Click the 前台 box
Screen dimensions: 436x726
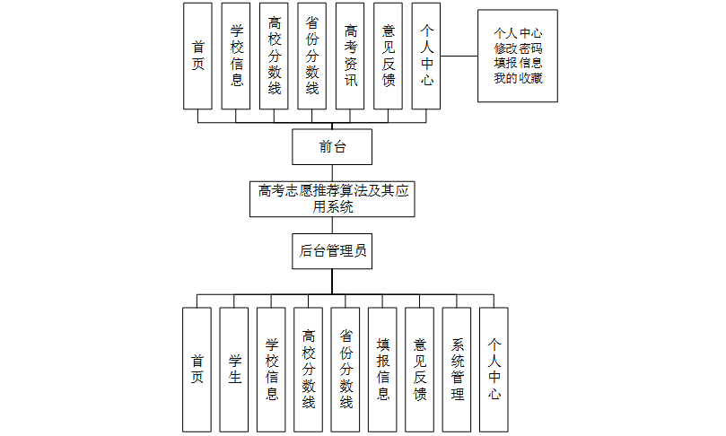click(x=332, y=147)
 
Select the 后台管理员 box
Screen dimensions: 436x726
click(x=332, y=252)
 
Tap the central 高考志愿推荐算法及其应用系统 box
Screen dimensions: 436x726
click(x=332, y=199)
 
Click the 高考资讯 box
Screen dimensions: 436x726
click(x=351, y=56)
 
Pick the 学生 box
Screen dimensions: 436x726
click(x=234, y=369)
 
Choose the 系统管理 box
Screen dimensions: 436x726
click(x=457, y=369)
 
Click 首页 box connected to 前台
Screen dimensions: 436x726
click(x=198, y=56)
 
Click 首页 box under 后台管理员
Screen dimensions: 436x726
click(x=197, y=369)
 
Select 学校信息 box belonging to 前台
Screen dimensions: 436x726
click(x=236, y=56)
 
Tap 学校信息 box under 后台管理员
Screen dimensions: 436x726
click(x=271, y=369)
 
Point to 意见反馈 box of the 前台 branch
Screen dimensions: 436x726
click(x=389, y=56)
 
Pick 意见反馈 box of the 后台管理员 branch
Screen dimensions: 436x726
click(x=420, y=369)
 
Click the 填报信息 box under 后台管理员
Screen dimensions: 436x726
click(x=382, y=369)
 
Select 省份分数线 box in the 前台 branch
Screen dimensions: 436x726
click(x=312, y=56)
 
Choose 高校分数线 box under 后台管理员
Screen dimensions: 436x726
click(x=309, y=369)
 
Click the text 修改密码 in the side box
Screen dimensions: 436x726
click(x=517, y=48)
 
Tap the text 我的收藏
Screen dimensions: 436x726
click(x=517, y=77)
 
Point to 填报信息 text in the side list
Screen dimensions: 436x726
click(x=517, y=63)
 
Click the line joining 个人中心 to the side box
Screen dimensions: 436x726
click(x=459, y=56)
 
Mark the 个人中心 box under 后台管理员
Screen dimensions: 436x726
click(x=494, y=369)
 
